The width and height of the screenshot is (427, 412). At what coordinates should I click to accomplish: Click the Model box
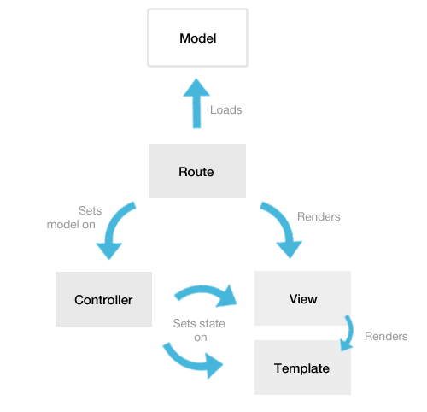[x=197, y=38]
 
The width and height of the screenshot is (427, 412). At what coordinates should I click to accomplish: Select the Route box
[x=197, y=171]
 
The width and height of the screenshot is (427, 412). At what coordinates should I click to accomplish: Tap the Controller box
[x=103, y=299]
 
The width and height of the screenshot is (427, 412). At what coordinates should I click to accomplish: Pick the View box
[x=302, y=298]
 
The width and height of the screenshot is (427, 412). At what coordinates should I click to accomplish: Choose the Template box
[x=302, y=368]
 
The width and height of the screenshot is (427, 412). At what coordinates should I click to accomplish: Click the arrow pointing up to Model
[x=196, y=103]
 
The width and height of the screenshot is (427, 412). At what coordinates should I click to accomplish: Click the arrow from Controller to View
[x=205, y=290]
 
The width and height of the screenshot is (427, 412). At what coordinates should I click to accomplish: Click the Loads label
[x=226, y=109]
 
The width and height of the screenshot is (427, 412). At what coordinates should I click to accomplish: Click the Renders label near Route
[x=319, y=216]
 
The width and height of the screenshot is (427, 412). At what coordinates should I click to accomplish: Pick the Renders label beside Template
[x=386, y=336]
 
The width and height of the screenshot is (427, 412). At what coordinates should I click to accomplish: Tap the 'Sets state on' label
[x=199, y=330]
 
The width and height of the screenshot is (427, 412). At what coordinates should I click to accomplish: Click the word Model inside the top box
[x=198, y=38]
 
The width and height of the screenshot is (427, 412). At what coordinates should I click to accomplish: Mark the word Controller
[x=103, y=300]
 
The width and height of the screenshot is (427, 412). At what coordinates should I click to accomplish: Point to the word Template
[x=301, y=368]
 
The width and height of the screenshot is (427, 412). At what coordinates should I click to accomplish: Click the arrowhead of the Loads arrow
[x=196, y=88]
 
